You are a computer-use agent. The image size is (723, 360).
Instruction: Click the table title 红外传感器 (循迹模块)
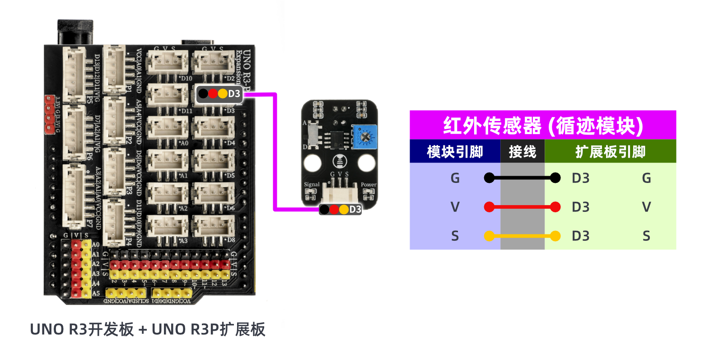pos(542,125)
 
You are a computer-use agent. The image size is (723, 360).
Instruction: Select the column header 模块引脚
pos(455,152)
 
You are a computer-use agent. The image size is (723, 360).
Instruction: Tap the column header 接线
pos(522,152)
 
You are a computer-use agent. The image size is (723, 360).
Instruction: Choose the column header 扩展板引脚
pos(610,152)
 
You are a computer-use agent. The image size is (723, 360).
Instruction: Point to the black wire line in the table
pos(522,178)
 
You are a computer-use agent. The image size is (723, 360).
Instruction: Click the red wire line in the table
pos(522,207)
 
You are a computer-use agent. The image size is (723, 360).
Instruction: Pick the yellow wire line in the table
pos(522,236)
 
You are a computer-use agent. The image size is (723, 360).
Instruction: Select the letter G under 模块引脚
pos(455,178)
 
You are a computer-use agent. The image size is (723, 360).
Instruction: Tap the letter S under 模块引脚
pos(455,236)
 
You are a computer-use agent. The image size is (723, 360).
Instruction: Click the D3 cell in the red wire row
pos(580,207)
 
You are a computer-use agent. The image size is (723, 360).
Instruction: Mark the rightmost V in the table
pos(646,207)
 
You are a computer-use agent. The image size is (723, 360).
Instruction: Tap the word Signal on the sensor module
pos(312,184)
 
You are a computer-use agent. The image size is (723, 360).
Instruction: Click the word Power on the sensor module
pos(368,184)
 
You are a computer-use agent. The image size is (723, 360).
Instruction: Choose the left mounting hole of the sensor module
pos(313,163)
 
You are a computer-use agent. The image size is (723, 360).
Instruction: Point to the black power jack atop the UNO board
pos(75,32)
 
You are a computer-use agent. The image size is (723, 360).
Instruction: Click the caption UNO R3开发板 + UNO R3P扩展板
pos(148,330)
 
